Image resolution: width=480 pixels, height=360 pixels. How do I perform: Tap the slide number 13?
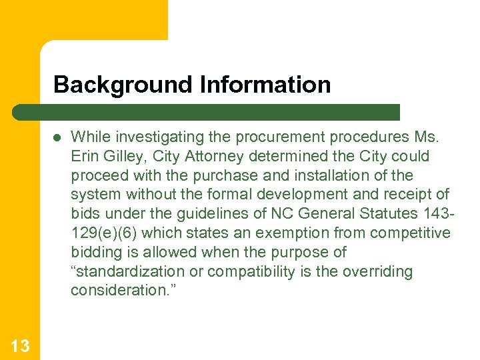pos(20,345)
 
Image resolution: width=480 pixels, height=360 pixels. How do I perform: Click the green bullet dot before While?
pos(57,138)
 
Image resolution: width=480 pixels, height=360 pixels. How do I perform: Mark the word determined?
pos(283,157)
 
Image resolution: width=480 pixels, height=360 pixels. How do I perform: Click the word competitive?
pos(411,233)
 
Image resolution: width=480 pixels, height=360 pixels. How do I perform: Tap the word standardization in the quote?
pos(128,272)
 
